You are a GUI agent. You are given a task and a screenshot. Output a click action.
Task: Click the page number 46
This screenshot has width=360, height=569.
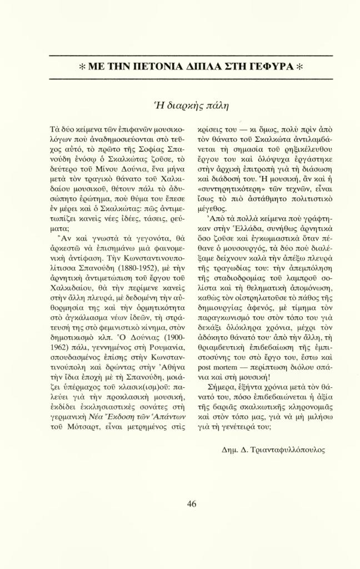coord(192,504)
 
